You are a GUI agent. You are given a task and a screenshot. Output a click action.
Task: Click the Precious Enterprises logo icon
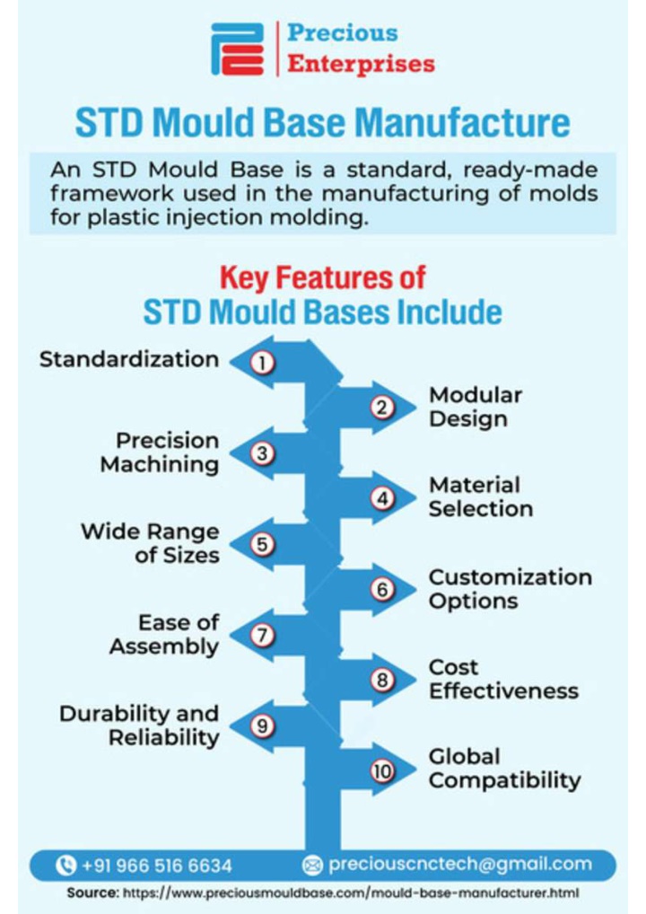pyautogui.click(x=237, y=49)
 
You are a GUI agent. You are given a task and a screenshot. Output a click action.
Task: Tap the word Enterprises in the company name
pyautogui.click(x=361, y=64)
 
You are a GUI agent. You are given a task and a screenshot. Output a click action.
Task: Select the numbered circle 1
pyautogui.click(x=263, y=363)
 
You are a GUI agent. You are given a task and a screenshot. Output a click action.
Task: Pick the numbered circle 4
pyautogui.click(x=382, y=498)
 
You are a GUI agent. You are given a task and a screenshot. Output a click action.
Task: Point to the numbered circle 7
pyautogui.click(x=263, y=635)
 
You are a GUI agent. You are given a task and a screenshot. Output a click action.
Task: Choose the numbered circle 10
pyautogui.click(x=382, y=771)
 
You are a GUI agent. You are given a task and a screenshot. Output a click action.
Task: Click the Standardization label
pyautogui.click(x=129, y=359)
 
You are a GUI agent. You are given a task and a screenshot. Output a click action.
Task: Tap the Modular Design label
pyautogui.click(x=476, y=407)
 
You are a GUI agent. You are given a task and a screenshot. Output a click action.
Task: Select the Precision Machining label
pyautogui.click(x=160, y=453)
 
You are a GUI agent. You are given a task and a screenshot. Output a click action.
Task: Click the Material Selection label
pyautogui.click(x=481, y=497)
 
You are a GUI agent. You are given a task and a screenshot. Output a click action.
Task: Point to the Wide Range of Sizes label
pyautogui.click(x=151, y=543)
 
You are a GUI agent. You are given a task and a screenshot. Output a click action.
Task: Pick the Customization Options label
pyautogui.click(x=511, y=589)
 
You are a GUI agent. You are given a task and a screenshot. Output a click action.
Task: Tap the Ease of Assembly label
pyautogui.click(x=164, y=634)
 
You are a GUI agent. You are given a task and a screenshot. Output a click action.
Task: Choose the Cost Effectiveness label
pyautogui.click(x=504, y=679)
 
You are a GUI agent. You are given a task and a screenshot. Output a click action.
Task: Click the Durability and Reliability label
pyautogui.click(x=139, y=725)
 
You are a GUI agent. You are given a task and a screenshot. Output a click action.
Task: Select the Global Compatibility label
pyautogui.click(x=504, y=769)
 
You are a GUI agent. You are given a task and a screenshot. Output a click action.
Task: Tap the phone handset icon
pyautogui.click(x=65, y=865)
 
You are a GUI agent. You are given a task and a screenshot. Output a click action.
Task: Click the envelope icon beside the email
pyautogui.click(x=312, y=866)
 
